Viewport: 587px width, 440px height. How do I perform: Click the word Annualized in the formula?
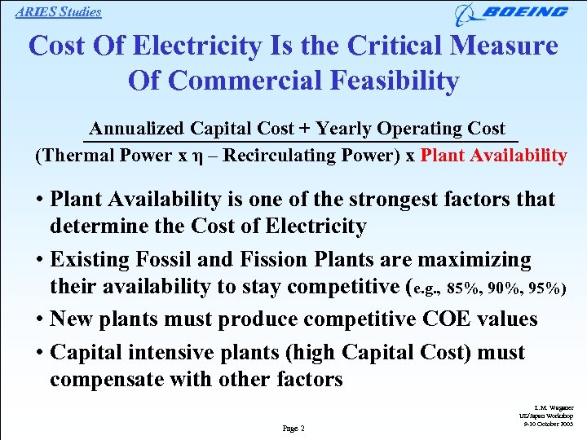click(x=137, y=129)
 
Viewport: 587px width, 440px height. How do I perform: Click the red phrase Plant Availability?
click(x=493, y=155)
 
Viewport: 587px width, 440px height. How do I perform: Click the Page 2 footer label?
click(x=293, y=429)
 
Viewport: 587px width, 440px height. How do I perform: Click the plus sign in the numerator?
click(x=304, y=129)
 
